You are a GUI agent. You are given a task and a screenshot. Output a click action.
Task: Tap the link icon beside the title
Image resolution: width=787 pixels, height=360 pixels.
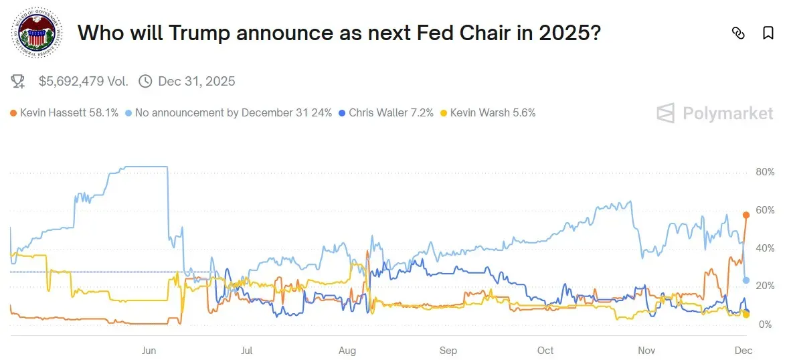click(x=737, y=33)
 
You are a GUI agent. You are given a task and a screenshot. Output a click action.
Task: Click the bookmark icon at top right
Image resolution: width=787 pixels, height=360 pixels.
click(x=768, y=33)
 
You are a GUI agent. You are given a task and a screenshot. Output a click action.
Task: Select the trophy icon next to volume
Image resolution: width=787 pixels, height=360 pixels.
click(x=18, y=82)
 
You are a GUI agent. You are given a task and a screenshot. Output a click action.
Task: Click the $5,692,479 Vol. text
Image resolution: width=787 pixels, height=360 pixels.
click(x=83, y=82)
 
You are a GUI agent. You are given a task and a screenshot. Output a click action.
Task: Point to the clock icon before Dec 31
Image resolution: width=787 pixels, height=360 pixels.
click(x=145, y=82)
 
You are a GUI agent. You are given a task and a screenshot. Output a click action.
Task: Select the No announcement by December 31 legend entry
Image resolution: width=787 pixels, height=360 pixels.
click(x=228, y=113)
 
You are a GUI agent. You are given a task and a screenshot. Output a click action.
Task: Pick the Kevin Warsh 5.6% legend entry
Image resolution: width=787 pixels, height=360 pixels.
click(x=489, y=113)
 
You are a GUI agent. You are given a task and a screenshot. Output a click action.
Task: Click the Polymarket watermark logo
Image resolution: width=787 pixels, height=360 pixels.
click(x=714, y=113)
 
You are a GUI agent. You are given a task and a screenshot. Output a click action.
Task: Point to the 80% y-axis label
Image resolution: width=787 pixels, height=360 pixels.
click(x=765, y=172)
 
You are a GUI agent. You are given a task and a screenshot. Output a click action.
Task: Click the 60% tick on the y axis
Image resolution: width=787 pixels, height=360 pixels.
click(x=765, y=210)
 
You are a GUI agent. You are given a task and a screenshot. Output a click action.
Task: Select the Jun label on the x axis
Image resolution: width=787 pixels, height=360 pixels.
click(x=149, y=351)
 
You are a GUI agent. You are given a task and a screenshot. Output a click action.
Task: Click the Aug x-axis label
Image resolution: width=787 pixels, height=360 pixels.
click(x=347, y=351)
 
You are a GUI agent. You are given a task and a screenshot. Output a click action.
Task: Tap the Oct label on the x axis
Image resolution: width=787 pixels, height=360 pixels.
click(x=545, y=351)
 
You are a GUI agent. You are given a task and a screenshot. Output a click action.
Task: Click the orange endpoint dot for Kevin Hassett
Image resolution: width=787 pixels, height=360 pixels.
click(x=746, y=215)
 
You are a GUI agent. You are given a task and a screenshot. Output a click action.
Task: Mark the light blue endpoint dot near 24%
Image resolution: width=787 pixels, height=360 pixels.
click(x=746, y=280)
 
